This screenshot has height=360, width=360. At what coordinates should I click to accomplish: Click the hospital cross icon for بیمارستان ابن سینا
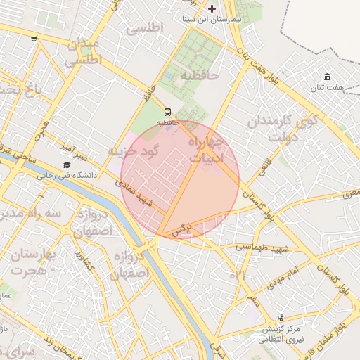(x=213, y=8)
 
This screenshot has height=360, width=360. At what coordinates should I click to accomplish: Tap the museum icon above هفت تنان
(x=327, y=77)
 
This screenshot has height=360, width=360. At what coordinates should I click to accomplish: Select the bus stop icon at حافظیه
(x=167, y=112)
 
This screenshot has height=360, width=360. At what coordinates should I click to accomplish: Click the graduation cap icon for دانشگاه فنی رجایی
(x=66, y=165)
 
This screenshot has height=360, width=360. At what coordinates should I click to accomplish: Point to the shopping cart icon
(x=34, y=39)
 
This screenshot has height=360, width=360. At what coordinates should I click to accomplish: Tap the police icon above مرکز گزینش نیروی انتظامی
(x=282, y=318)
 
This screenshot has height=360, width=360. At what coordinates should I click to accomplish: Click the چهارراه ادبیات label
(x=207, y=150)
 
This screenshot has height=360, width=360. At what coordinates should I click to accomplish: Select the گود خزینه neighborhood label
(x=134, y=151)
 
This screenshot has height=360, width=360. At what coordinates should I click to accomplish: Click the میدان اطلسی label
(x=84, y=52)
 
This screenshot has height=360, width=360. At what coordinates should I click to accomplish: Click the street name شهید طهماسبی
(x=262, y=247)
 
